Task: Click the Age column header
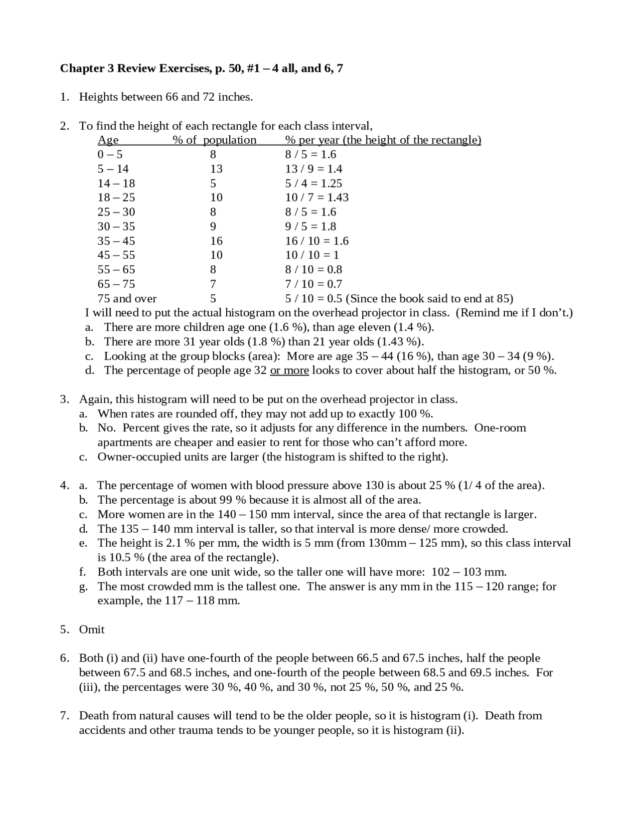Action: [108, 140]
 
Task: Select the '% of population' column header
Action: [214, 140]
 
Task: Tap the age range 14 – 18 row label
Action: [116, 183]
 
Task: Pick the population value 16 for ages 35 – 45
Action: [216, 241]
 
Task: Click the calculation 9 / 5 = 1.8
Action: [311, 226]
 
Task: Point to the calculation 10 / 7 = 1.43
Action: [317, 198]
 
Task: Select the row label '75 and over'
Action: [127, 299]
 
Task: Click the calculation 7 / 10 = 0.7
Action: [314, 284]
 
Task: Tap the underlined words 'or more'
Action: [289, 371]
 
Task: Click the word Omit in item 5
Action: [92, 629]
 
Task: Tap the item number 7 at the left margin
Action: [64, 716]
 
